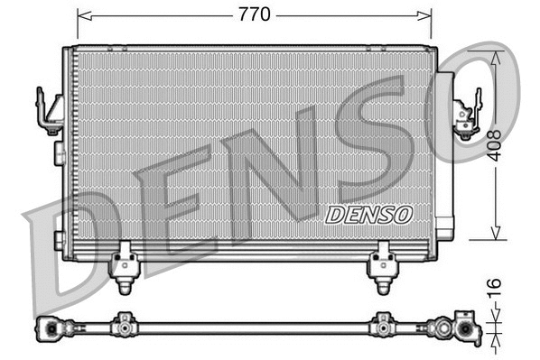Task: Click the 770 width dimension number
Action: coord(254,14)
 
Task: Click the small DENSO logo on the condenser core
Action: coord(368,214)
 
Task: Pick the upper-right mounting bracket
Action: coord(466,115)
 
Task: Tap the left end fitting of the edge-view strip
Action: coord(51,328)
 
